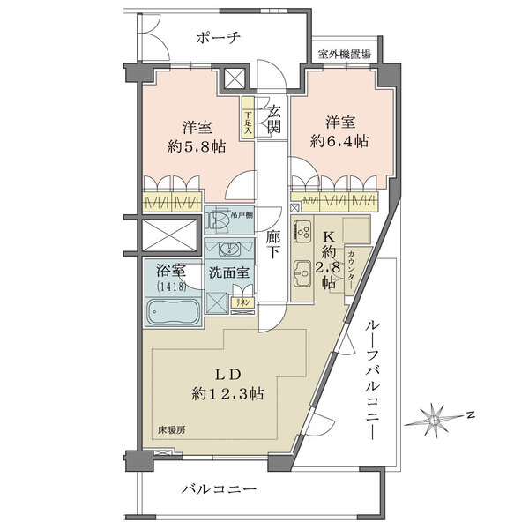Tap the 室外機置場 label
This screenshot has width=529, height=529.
tap(344, 55)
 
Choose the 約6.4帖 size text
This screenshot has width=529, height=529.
tap(339, 141)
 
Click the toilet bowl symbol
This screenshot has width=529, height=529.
tap(217, 220)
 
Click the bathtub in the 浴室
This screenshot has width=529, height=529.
tap(172, 313)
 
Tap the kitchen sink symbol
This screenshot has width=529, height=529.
tap(301, 281)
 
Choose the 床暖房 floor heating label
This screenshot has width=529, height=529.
tap(172, 430)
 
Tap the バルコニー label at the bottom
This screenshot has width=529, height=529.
tap(220, 488)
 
